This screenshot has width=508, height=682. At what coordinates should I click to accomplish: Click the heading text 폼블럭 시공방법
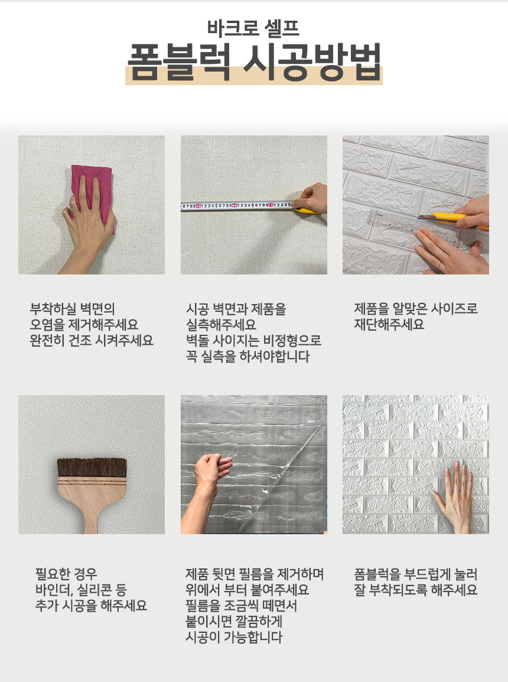click(254, 62)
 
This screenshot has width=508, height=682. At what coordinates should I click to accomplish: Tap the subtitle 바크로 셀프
click(253, 28)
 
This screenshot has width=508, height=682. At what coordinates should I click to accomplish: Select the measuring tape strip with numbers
click(237, 205)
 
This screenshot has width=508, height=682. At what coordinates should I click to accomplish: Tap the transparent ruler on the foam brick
click(428, 231)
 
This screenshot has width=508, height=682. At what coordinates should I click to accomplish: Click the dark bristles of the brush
click(92, 467)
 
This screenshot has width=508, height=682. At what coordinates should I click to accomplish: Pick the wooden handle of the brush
click(92, 505)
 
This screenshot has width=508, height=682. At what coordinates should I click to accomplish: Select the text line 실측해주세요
click(221, 325)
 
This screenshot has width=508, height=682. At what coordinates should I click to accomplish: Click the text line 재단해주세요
click(389, 325)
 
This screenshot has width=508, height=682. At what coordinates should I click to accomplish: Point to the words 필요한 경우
click(66, 574)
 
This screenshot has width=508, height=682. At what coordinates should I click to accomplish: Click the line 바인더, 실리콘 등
click(81, 590)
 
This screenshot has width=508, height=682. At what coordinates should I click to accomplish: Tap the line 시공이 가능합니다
click(234, 637)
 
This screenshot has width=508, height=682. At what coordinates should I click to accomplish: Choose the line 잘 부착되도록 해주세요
click(415, 590)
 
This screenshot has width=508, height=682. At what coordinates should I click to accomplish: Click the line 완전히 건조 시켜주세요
click(92, 340)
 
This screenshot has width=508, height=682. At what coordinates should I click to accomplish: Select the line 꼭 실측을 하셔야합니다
click(248, 356)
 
